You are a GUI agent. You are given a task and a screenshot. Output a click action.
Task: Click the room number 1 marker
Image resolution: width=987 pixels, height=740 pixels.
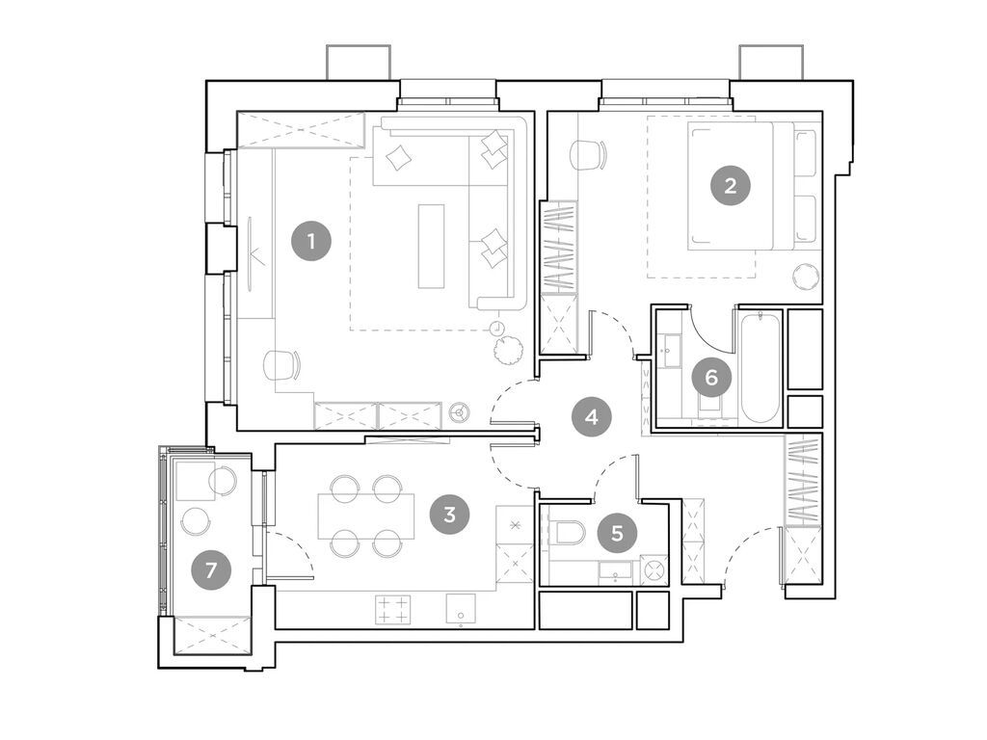click(311, 241)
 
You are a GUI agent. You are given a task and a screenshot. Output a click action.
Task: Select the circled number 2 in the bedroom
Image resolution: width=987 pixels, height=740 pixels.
click(730, 186)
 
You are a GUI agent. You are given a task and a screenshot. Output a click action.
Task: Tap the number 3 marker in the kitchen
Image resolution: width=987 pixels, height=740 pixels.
click(449, 515)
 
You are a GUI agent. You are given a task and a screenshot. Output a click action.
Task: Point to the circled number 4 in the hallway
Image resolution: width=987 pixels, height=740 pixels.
click(591, 417)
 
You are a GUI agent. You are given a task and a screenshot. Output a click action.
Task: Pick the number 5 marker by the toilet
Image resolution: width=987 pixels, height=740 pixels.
click(617, 532)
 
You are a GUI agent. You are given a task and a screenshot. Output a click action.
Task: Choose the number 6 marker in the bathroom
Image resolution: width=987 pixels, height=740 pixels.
click(711, 378)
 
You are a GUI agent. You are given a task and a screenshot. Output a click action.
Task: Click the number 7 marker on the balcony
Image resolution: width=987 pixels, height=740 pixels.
click(211, 570)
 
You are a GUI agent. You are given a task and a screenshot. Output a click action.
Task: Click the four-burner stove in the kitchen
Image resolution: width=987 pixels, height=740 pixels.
click(392, 609)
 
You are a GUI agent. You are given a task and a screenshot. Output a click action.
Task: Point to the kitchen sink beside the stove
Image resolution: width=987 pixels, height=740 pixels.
click(461, 609)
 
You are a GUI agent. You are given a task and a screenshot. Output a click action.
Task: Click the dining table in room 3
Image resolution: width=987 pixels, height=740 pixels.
click(366, 516)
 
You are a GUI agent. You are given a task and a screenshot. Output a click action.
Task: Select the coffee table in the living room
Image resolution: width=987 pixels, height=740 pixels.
click(432, 246)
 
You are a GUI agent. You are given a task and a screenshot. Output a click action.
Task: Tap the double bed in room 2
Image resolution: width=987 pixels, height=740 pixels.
click(742, 186)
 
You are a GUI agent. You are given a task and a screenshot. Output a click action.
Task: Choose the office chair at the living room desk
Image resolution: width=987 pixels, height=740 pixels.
click(281, 364)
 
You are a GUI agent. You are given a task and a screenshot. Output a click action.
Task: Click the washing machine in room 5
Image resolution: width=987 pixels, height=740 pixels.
click(655, 569)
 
